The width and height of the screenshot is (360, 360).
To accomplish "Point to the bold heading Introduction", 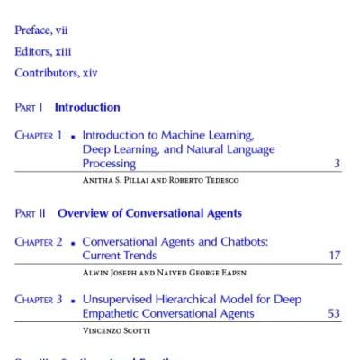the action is click(x=87, y=108).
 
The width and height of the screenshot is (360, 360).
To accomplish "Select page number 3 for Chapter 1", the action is click(x=337, y=164).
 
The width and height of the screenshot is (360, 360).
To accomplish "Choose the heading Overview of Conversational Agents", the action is click(x=149, y=214).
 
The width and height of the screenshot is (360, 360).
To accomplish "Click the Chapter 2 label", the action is click(x=39, y=242).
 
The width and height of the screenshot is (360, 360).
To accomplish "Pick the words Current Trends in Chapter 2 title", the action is click(x=120, y=256).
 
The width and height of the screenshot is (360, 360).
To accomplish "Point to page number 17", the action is click(x=334, y=256).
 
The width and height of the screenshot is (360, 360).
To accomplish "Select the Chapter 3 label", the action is click(x=39, y=300).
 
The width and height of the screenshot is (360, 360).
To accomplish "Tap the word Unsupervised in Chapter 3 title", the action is click(x=118, y=300).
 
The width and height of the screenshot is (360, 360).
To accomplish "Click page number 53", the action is click(x=334, y=314).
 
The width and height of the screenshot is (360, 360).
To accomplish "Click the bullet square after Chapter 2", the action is click(x=72, y=243).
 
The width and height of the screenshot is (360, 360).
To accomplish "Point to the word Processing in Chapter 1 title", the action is click(x=109, y=164).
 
